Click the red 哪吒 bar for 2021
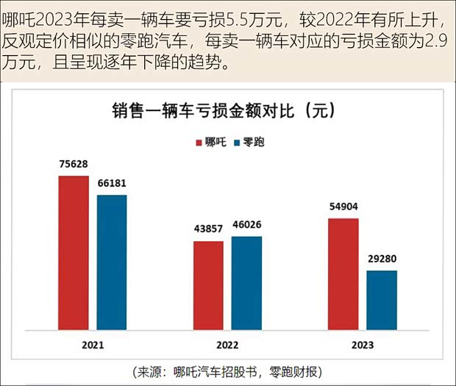[x=74, y=252]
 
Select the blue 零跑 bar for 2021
[x=112, y=262]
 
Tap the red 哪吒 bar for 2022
[x=208, y=285]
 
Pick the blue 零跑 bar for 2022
[x=246, y=282]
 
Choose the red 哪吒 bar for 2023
[x=343, y=274]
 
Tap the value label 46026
[x=246, y=225]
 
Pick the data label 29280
[x=382, y=260]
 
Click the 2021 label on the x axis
[x=92, y=345]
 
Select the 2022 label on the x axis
[x=227, y=345]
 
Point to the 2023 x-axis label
[x=362, y=345]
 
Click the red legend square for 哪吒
[x=198, y=142]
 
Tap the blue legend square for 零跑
[x=237, y=142]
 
